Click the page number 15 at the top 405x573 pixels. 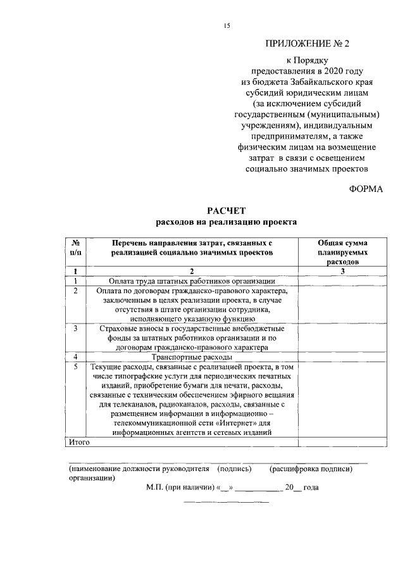coord(227,25)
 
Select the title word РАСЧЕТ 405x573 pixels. coord(226,211)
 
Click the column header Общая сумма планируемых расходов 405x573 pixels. coord(342,252)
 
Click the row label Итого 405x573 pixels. coord(78,441)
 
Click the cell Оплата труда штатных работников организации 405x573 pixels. coord(184,280)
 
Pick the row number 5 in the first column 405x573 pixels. coord(76,367)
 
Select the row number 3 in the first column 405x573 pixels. coord(76,329)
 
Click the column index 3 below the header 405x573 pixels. coord(342,271)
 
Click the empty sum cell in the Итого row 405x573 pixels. coord(342,441)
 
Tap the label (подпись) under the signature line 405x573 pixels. coord(235,469)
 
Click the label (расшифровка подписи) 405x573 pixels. coord(311,469)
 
